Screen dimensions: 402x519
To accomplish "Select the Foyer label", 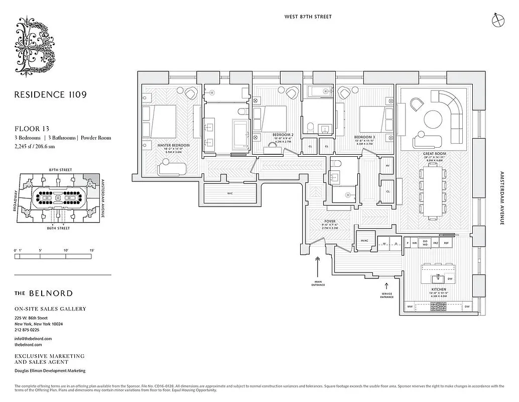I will (329, 221).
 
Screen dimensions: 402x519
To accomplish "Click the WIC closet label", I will (229, 192).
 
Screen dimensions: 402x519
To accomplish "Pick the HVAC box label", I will (364, 241).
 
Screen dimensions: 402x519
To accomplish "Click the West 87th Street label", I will (308, 17).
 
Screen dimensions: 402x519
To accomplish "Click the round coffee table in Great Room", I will (433, 120).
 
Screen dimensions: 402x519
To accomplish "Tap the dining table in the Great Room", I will (432, 193).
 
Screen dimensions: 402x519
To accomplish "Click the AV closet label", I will (387, 166).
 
